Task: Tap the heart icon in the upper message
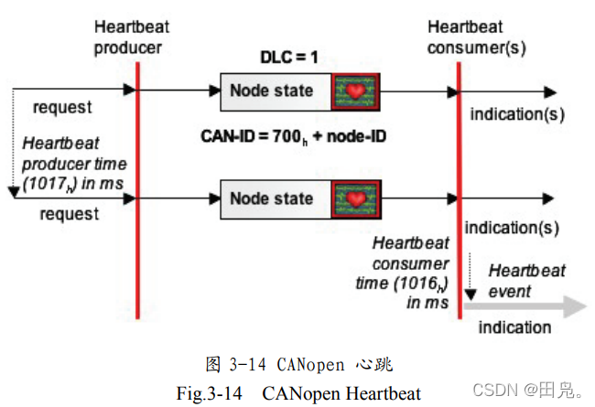tap(355, 91)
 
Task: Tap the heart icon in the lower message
tap(355, 198)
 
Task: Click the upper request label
tap(62, 107)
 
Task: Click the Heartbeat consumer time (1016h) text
tap(410, 271)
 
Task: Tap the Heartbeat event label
tap(526, 281)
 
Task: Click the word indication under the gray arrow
tap(514, 327)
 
